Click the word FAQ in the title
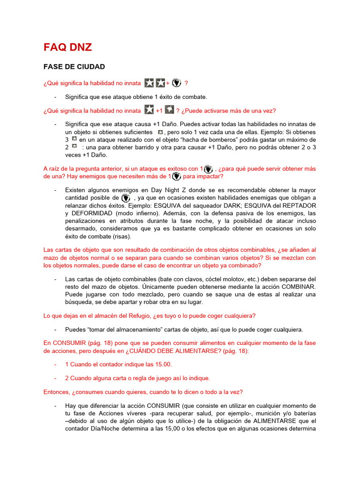pos(55,47)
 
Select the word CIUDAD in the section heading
pos(89,67)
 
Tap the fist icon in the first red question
pos(176,83)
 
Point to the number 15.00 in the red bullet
pos(163,364)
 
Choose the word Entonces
pos(57,391)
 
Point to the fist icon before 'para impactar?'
pos(176,176)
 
